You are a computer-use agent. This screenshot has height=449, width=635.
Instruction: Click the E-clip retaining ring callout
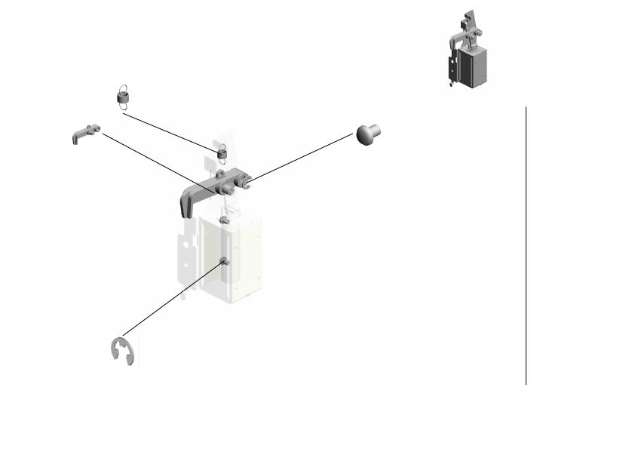click(x=122, y=352)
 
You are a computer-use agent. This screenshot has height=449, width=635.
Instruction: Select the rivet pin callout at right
click(x=368, y=135)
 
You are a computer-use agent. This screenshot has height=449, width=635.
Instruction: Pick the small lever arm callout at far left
click(x=86, y=133)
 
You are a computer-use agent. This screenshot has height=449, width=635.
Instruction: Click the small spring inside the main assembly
click(x=222, y=154)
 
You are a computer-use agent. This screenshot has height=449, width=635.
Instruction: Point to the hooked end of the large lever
click(x=184, y=203)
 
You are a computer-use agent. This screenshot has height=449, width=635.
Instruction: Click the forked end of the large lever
click(x=245, y=180)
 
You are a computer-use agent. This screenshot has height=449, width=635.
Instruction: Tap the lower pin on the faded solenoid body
click(x=224, y=261)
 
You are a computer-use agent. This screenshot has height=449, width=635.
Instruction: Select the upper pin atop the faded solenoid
click(x=224, y=220)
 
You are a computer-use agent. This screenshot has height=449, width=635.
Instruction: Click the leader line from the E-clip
click(x=173, y=298)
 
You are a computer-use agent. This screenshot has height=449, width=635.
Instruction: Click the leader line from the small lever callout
click(x=151, y=161)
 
